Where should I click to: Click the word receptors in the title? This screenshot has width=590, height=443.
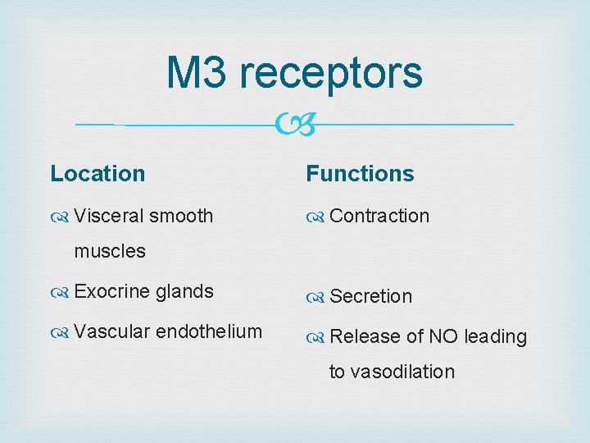click(331, 74)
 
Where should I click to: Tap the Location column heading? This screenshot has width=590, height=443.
click(98, 174)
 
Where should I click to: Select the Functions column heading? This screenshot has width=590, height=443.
click(360, 174)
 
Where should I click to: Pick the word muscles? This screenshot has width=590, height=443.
click(110, 251)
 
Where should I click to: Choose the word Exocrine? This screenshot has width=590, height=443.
click(111, 291)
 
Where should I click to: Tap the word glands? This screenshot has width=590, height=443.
click(184, 291)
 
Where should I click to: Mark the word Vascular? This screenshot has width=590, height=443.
click(111, 331)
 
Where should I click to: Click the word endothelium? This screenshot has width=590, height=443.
click(209, 331)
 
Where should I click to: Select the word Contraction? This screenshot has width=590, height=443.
click(379, 216)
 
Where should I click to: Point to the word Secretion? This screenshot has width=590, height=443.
click(371, 296)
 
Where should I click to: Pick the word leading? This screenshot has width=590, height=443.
click(495, 337)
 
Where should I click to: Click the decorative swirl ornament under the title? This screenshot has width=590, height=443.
click(294, 126)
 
